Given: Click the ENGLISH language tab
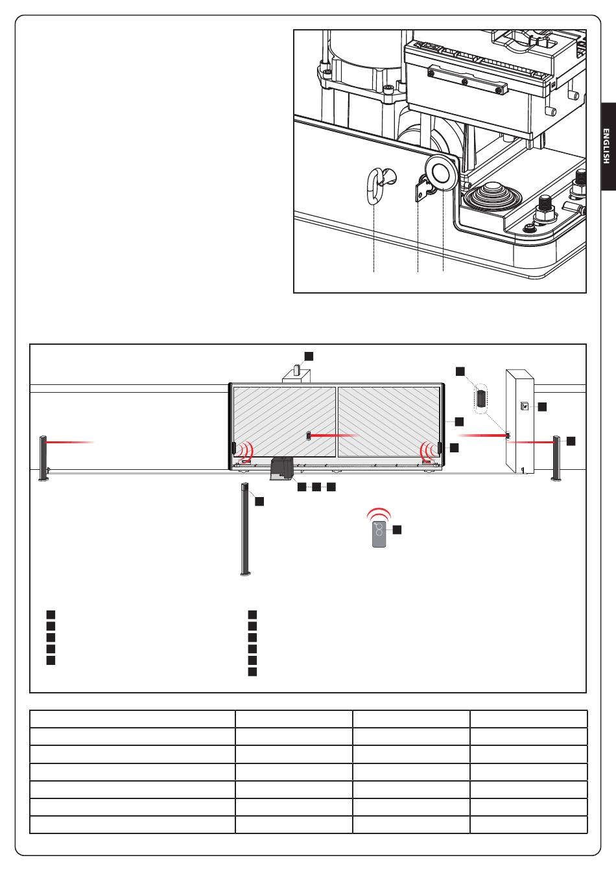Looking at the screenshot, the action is pyautogui.click(x=608, y=146).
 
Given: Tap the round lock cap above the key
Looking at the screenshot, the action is pyautogui.click(x=442, y=172).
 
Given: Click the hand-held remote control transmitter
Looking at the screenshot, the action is pyautogui.click(x=379, y=534).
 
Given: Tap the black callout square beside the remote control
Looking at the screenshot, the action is pyautogui.click(x=397, y=529).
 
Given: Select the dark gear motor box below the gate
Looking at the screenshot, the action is pyautogui.click(x=281, y=469).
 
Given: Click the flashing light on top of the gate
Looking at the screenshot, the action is pyautogui.click(x=297, y=369).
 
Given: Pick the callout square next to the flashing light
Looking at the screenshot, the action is pyautogui.click(x=309, y=356).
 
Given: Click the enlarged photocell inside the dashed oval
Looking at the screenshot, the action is pyautogui.click(x=482, y=399).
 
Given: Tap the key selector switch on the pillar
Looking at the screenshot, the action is pyautogui.click(x=524, y=406).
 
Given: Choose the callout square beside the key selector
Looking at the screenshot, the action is pyautogui.click(x=542, y=407).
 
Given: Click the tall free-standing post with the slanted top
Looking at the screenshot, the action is pyautogui.click(x=245, y=528).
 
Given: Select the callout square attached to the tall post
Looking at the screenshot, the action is pyautogui.click(x=259, y=501).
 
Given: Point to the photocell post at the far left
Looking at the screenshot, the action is pyautogui.click(x=43, y=458).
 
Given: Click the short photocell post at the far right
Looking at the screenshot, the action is pyautogui.click(x=556, y=458).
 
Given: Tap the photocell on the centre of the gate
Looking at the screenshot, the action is pyautogui.click(x=309, y=435).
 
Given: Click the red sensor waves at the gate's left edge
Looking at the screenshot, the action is pyautogui.click(x=246, y=452).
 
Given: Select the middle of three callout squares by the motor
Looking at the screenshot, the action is pyautogui.click(x=316, y=487).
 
